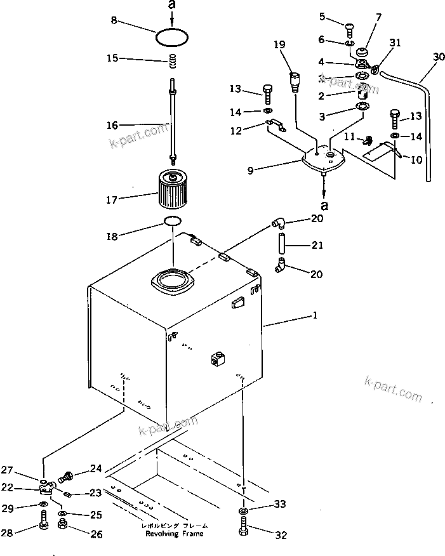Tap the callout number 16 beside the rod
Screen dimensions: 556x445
click(x=112, y=126)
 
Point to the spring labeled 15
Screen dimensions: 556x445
click(x=171, y=62)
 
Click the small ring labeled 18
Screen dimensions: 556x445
click(x=172, y=221)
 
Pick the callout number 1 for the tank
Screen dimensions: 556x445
click(x=315, y=315)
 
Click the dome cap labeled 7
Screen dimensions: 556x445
click(x=364, y=51)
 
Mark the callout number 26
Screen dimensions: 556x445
click(x=96, y=534)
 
